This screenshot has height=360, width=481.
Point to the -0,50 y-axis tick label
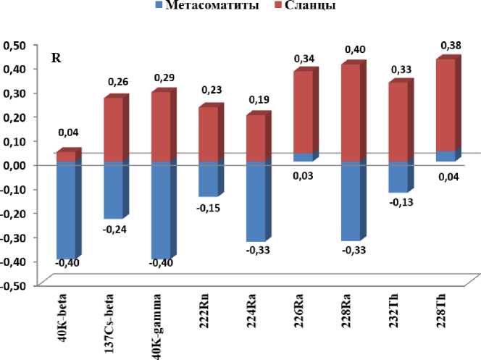[x=14, y=285]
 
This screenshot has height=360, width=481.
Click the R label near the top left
[x=55, y=58]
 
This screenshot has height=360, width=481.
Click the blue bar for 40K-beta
[x=66, y=210]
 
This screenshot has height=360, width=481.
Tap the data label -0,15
[x=209, y=208]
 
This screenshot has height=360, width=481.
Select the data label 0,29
[x=162, y=77]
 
